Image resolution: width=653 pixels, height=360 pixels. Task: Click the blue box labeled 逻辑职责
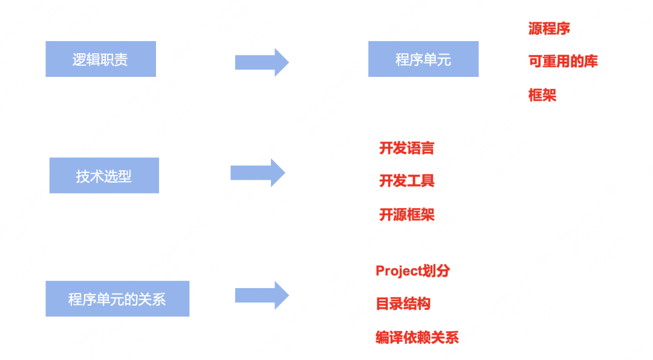[x=100, y=59]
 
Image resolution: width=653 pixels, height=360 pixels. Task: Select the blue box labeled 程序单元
[x=423, y=59]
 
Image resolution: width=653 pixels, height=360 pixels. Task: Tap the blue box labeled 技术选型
[x=104, y=175]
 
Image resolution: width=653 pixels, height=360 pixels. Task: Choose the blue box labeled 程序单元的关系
[x=117, y=298]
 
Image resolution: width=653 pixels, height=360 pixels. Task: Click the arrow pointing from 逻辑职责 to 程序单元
[x=262, y=62]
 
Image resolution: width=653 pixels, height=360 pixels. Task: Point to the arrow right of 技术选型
[x=258, y=173]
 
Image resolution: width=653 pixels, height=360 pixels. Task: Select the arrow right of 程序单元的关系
[x=262, y=295]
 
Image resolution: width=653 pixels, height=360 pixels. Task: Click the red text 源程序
[x=549, y=28]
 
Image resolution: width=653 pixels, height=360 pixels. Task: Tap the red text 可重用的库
[x=563, y=61]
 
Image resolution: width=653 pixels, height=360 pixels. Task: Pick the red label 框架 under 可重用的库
[x=542, y=95]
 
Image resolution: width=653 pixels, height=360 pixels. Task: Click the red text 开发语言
[x=406, y=148]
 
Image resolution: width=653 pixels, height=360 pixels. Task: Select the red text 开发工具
[x=406, y=181]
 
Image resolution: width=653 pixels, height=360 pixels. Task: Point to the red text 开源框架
[x=406, y=215]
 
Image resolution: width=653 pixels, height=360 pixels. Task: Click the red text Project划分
[x=412, y=271]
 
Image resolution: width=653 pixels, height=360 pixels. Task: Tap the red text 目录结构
[x=403, y=304]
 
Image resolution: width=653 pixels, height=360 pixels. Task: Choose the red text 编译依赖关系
[x=417, y=338]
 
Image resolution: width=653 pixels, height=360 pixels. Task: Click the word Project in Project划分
[x=398, y=271]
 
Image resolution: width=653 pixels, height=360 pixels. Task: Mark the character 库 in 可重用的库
[x=591, y=61]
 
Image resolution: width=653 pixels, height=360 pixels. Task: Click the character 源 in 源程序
[x=535, y=28]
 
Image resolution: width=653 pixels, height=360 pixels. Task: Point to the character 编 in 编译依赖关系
[x=382, y=338]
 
